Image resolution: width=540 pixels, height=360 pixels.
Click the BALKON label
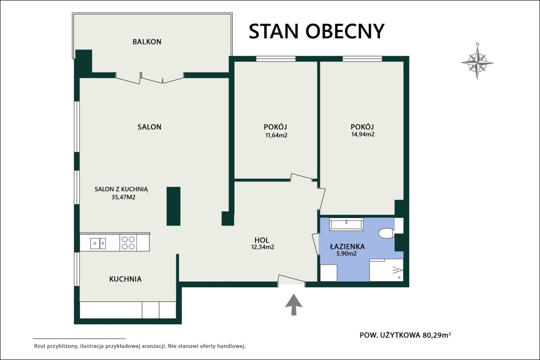(x=147, y=42)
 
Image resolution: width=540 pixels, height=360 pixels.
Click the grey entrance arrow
(x=294, y=304)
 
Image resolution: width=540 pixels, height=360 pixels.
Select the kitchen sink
(x=98, y=243)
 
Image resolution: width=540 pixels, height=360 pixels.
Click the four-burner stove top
(x=128, y=243)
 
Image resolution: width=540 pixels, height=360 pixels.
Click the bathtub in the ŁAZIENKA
(x=346, y=225)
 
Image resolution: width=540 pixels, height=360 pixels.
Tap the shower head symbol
(x=398, y=271)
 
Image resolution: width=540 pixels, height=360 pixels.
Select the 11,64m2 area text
(x=276, y=135)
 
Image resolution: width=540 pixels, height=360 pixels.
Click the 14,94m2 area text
(x=363, y=134)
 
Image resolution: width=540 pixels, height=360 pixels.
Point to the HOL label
(x=262, y=240)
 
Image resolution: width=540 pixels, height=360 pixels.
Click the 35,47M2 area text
(x=123, y=197)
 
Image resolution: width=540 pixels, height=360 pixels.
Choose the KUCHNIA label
(x=125, y=279)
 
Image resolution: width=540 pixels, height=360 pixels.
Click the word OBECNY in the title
(x=345, y=31)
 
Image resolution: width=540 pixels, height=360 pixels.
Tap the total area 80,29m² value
(x=437, y=335)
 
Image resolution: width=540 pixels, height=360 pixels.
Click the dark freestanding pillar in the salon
(x=173, y=206)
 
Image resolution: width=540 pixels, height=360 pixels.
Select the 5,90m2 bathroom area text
(x=346, y=254)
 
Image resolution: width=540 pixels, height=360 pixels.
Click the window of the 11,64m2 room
(x=276, y=58)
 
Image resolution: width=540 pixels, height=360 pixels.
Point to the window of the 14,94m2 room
(x=362, y=58)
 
